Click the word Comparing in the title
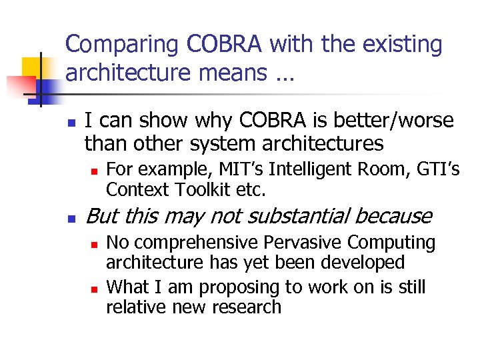123,45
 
